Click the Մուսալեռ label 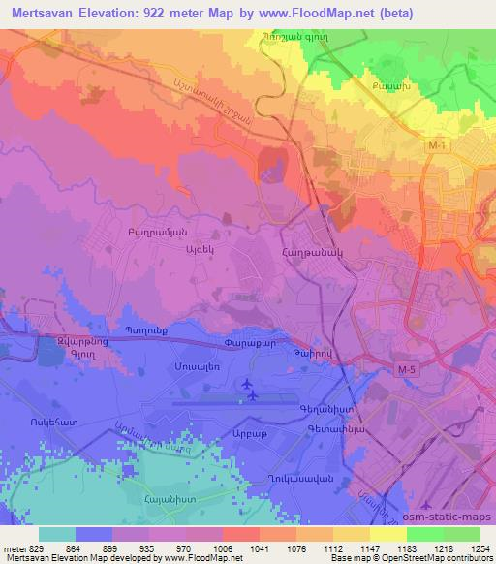coord(193,369)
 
